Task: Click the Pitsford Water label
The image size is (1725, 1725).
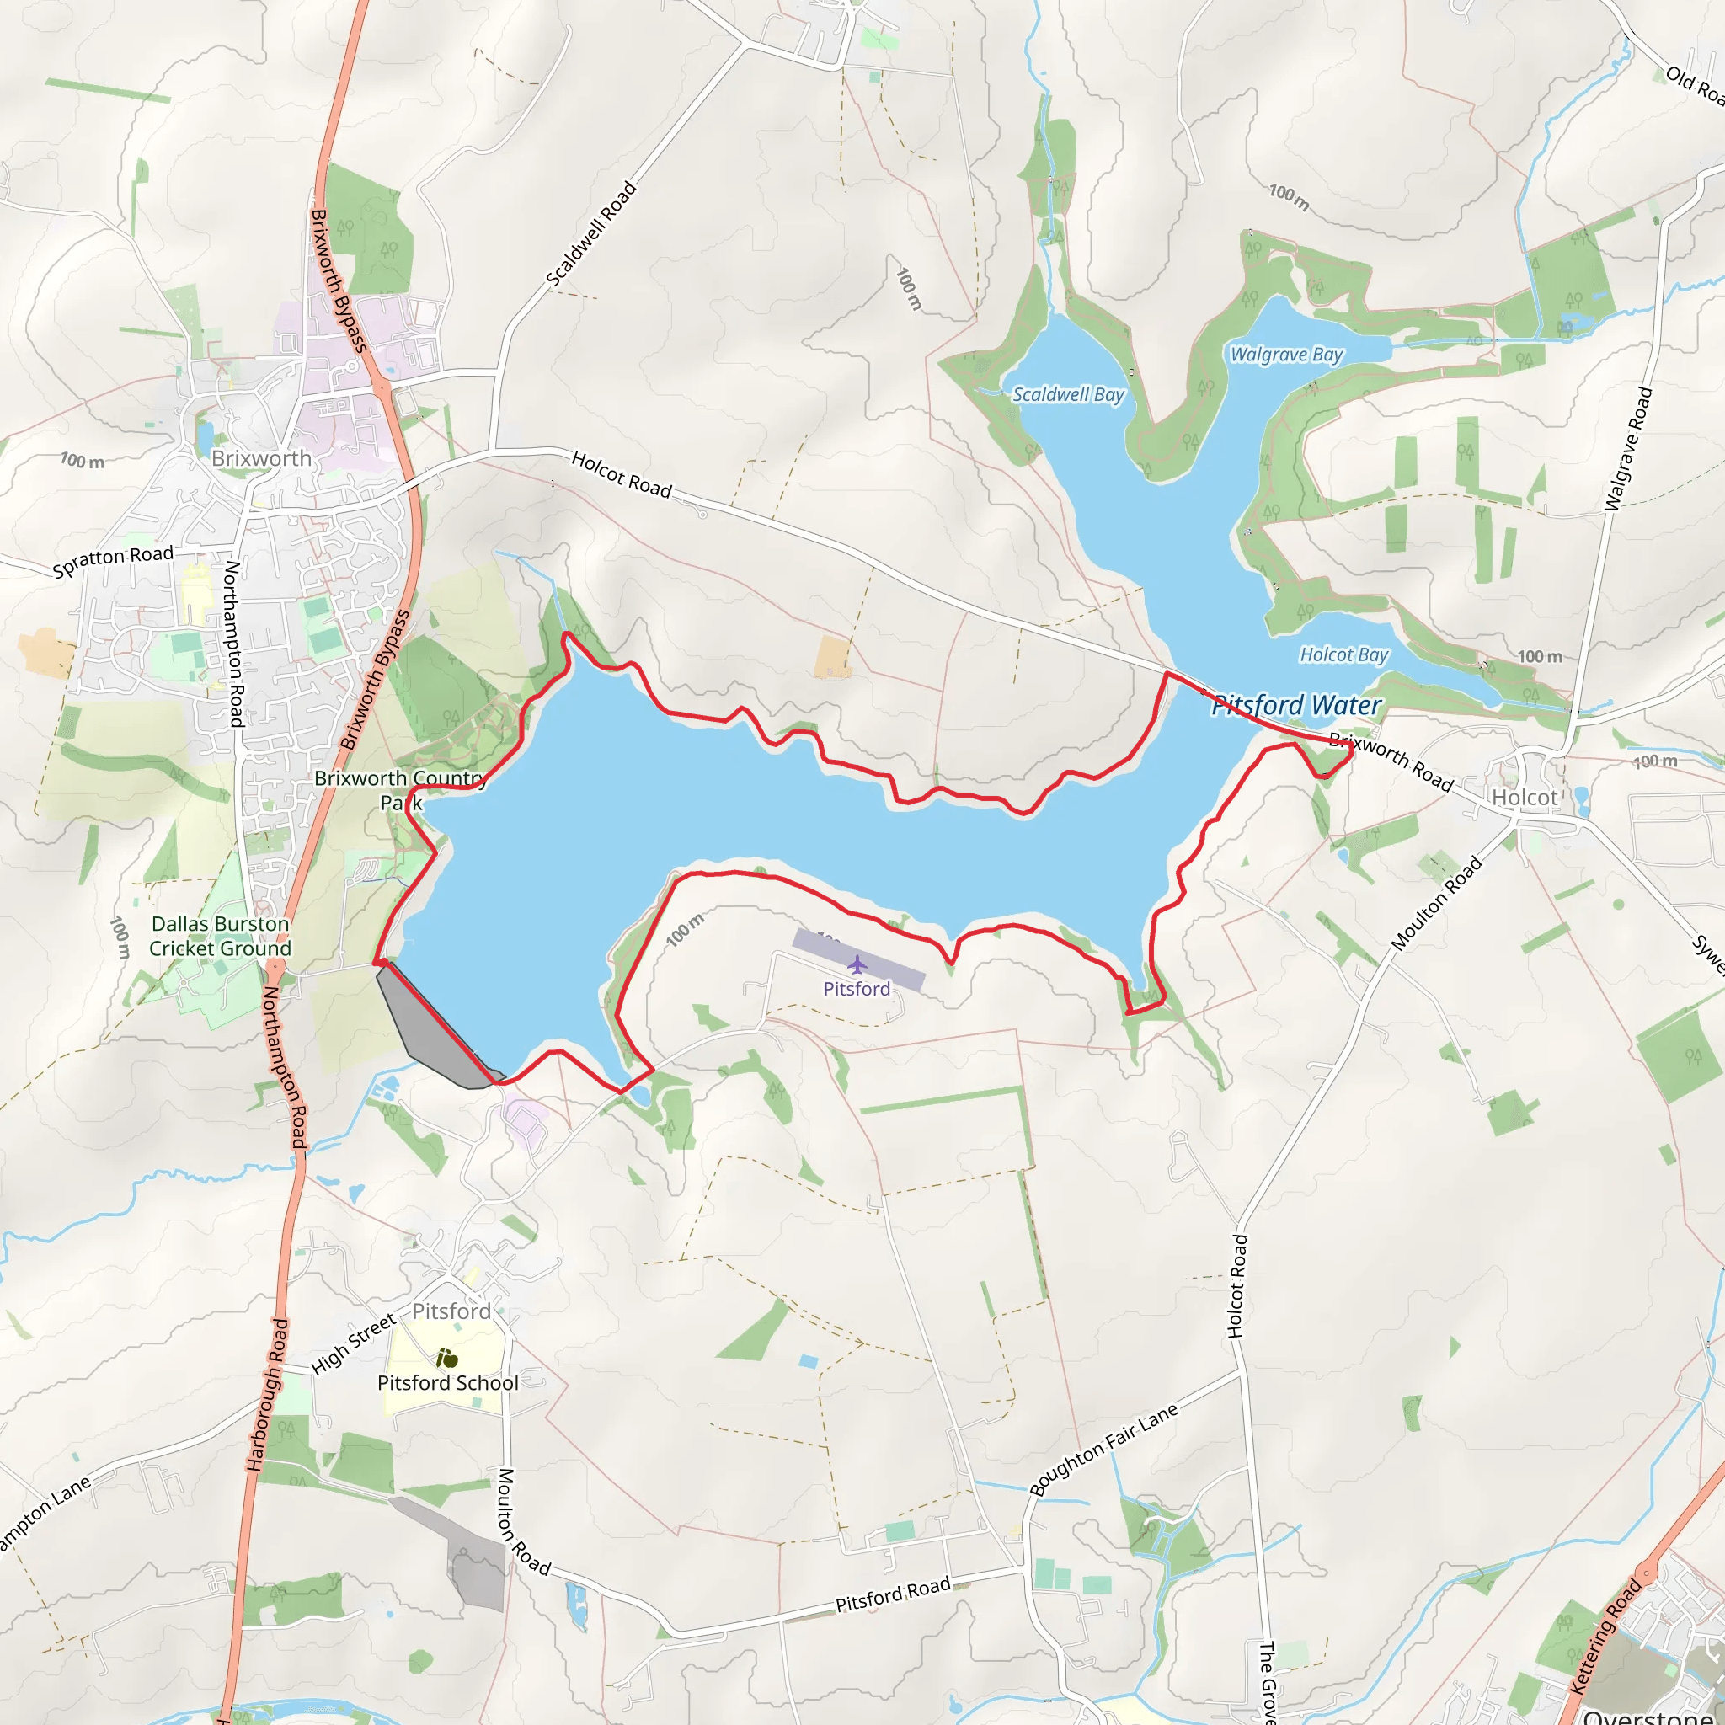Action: (x=1295, y=705)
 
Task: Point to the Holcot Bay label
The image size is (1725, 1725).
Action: (x=1343, y=654)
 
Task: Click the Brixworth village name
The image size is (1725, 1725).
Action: (x=262, y=458)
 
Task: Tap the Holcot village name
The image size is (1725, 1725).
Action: (x=1524, y=797)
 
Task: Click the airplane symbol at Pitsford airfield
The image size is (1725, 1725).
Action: (x=857, y=964)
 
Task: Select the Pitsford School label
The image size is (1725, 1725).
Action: (x=447, y=1382)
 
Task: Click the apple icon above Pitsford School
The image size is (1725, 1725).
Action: (x=447, y=1358)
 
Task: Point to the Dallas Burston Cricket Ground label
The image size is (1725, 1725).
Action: (x=220, y=936)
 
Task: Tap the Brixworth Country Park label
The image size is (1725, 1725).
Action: (x=400, y=789)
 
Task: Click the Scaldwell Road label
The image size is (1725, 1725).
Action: (x=591, y=234)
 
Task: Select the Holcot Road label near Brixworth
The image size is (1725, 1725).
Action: (x=622, y=474)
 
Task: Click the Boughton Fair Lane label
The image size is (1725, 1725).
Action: (x=1103, y=1448)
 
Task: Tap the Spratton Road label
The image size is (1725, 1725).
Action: (x=113, y=561)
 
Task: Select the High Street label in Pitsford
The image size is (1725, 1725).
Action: (x=353, y=1343)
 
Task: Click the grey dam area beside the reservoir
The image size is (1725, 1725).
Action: (x=429, y=1027)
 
